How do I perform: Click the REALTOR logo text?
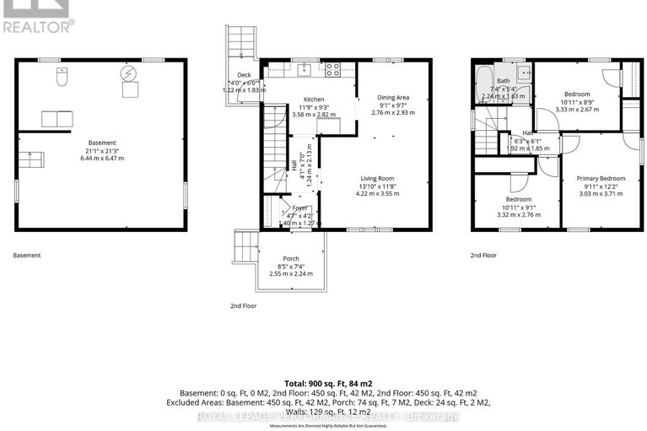[x=37, y=26]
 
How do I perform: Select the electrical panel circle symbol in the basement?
[x=130, y=73]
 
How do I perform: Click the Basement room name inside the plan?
[x=101, y=143]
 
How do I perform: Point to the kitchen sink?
[x=306, y=68]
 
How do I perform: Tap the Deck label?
[x=245, y=75]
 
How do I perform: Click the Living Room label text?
[x=378, y=178]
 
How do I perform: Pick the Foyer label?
[x=299, y=207]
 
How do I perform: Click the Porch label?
[x=291, y=258]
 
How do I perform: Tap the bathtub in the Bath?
[x=484, y=84]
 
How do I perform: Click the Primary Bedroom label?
[x=601, y=179]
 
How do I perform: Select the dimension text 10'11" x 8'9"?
[x=577, y=101]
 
